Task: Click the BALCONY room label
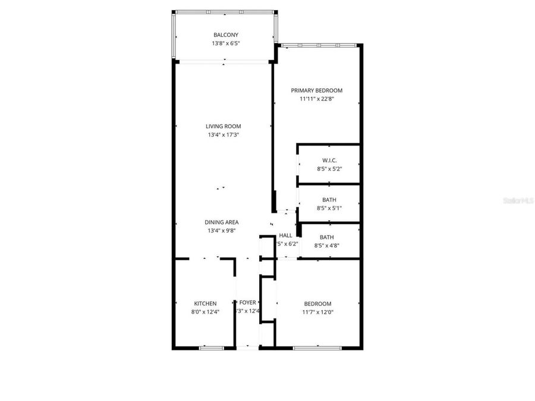click(x=225, y=34)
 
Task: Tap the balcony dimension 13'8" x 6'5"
click(x=225, y=43)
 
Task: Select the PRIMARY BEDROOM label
click(x=316, y=90)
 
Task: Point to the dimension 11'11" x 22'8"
click(x=316, y=99)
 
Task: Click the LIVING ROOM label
click(x=223, y=126)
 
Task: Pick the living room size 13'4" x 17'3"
click(x=223, y=135)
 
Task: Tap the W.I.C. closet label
click(x=329, y=160)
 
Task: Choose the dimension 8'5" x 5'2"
click(x=329, y=169)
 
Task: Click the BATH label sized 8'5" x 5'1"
click(x=329, y=200)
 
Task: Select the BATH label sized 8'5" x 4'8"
click(x=326, y=236)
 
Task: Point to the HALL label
click(x=285, y=235)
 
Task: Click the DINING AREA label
click(x=222, y=222)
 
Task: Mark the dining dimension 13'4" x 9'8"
click(x=222, y=231)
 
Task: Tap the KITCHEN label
click(x=205, y=303)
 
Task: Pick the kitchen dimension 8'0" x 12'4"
click(x=205, y=312)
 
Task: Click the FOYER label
click(x=247, y=302)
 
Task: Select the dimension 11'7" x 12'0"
click(x=317, y=312)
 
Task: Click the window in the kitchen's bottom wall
click(x=210, y=348)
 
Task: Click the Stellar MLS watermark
click(x=518, y=201)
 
